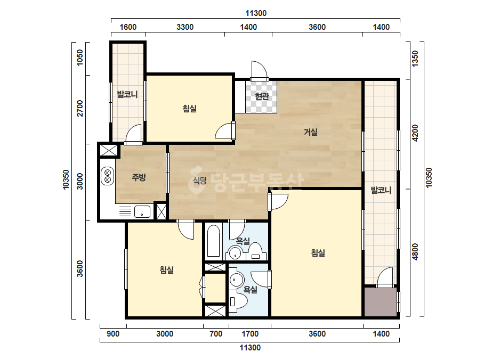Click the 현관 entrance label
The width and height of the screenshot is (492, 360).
pos(262,96)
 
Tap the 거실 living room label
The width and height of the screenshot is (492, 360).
pos(311,132)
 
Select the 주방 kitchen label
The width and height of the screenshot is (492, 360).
pos(139,177)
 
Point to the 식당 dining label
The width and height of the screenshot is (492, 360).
pos(199,181)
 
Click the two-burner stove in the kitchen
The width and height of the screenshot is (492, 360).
pos(107,176)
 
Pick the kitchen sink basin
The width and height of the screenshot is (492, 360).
pos(142,211)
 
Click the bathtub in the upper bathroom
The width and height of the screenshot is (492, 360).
pos(213,241)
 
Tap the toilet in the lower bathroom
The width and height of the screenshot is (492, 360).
pos(238,301)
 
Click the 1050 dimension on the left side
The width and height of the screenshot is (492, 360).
pos(80,58)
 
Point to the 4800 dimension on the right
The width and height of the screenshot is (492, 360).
pos(415,252)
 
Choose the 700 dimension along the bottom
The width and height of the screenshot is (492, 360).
pos(216,334)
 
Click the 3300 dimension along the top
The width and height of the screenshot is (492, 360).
pos(185,27)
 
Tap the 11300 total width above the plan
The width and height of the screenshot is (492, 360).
pos(256,13)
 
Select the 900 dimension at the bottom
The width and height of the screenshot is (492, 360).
pos(113,334)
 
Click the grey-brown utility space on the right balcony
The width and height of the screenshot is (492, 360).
pos(380,302)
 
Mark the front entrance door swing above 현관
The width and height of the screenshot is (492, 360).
pos(259,70)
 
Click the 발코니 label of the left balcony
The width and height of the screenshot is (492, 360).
pos(127,94)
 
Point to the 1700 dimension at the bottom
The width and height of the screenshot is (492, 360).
pos(250,334)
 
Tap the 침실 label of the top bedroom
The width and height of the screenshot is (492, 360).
pos(190,109)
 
